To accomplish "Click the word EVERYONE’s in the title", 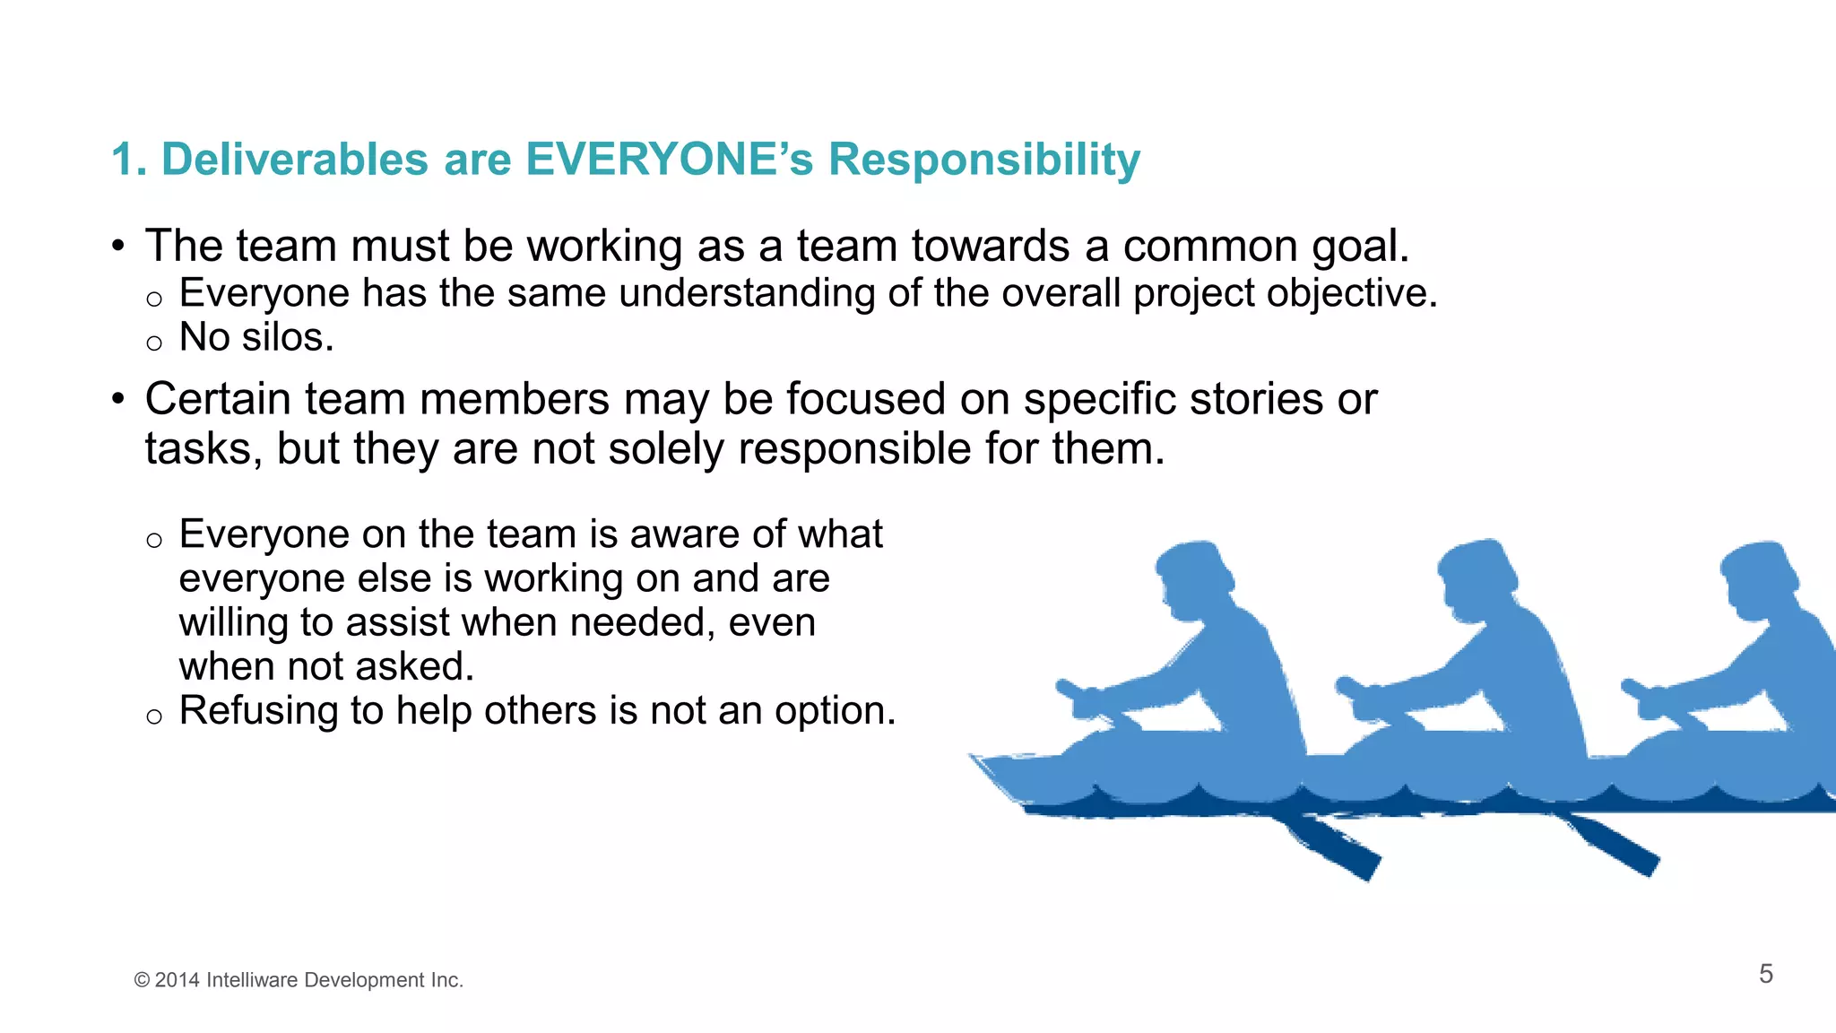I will tap(669, 160).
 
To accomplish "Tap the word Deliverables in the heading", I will tap(295, 160).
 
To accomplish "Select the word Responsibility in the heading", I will tap(983, 161).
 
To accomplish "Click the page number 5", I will tap(1765, 974).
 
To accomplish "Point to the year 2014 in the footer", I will tap(177, 980).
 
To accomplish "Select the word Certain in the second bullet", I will tap(217, 399).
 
